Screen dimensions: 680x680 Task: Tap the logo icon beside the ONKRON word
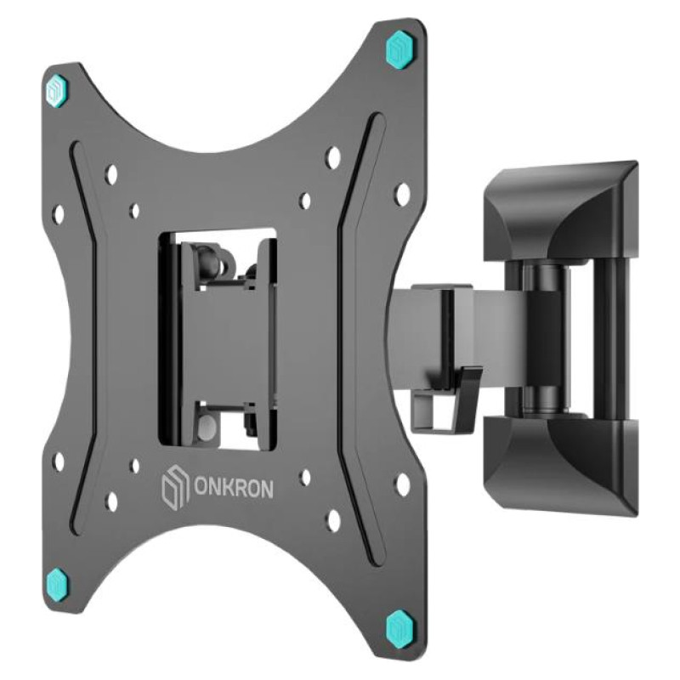(x=172, y=491)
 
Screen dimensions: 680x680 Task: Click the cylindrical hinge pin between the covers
(x=541, y=336)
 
